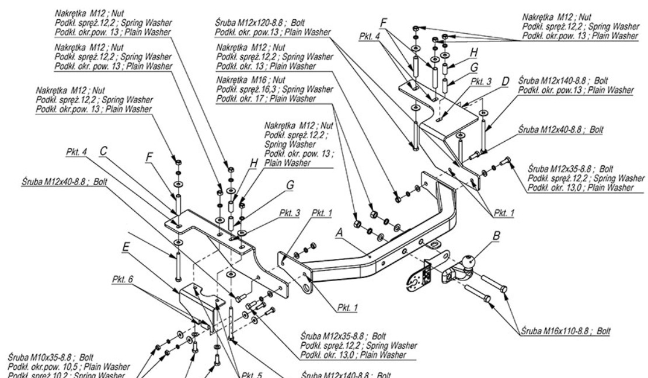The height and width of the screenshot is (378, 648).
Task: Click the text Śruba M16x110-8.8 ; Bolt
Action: click(x=565, y=330)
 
